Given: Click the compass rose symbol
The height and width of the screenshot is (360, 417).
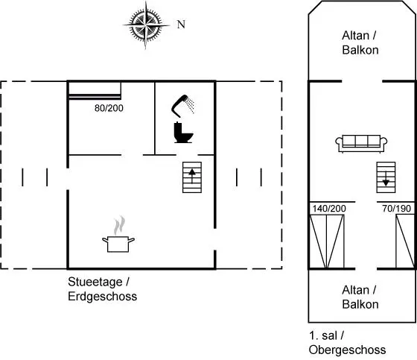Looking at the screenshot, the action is [146, 25].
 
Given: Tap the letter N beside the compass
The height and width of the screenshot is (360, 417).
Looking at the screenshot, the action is [181, 25].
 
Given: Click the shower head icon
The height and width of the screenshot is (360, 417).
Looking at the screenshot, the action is [182, 106].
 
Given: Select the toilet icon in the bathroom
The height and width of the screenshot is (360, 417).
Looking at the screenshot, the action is [183, 133].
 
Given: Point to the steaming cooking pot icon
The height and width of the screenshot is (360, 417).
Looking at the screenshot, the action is [118, 234].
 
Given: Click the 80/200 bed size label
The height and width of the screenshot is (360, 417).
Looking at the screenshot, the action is [109, 108].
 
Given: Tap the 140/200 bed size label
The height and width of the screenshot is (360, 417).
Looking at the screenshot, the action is [329, 209].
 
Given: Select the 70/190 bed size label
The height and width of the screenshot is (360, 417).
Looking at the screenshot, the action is [396, 209].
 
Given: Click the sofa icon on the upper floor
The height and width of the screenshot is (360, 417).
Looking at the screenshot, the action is [361, 144].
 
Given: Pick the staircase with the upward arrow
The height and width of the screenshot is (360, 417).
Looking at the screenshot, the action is [192, 177].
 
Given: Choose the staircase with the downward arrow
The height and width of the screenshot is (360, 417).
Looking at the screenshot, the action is [386, 177].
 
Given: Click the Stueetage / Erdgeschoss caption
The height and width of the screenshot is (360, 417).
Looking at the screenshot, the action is [103, 289].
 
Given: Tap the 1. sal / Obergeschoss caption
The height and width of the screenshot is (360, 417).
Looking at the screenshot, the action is [347, 343].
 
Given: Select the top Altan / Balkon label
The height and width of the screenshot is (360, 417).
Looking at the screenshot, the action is [360, 42].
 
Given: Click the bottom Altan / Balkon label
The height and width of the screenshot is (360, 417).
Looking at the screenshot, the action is [360, 297].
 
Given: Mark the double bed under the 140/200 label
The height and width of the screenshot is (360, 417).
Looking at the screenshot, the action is [327, 241].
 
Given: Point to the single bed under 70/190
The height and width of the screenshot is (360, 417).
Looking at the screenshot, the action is [405, 241].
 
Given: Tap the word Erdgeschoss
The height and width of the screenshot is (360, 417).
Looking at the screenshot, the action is [103, 297].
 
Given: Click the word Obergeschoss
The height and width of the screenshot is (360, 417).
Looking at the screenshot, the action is [347, 350].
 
